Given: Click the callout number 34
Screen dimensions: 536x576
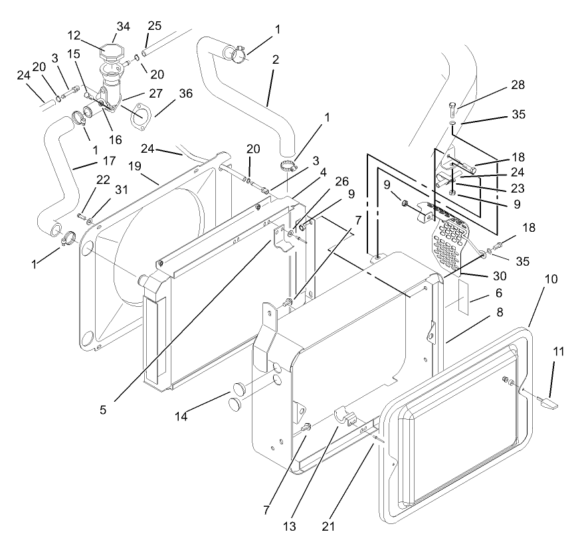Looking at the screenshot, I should click(122, 27).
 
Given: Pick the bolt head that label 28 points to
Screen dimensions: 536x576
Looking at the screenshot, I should click(451, 106).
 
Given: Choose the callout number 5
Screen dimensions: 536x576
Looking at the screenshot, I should click(103, 410).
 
